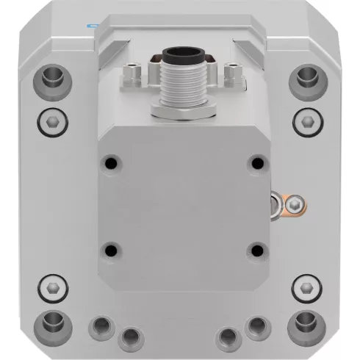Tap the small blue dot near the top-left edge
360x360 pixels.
91,24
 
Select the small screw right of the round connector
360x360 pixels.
231,72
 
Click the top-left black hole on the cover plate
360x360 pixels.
110,162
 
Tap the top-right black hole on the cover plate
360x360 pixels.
256,162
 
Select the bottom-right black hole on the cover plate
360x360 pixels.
256,251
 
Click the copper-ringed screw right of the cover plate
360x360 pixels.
294,204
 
